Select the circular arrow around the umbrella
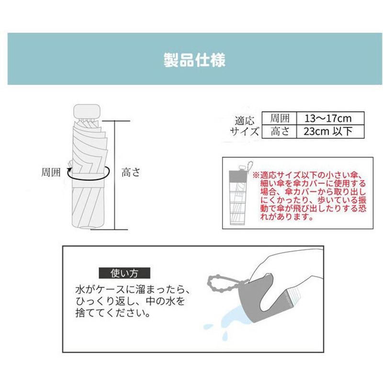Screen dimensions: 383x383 click(86, 174)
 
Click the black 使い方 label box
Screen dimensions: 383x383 click(124, 274)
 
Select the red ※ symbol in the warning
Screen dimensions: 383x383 click(256, 175)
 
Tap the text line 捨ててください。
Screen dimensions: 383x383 click(113, 314)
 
